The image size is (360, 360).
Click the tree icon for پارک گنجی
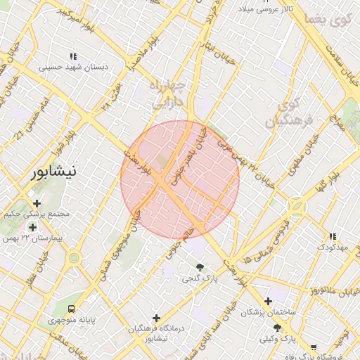click(x=200, y=267)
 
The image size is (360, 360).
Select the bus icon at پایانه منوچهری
click(x=70, y=309)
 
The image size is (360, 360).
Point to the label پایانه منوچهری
click(x=70, y=321)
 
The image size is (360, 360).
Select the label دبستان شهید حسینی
click(x=72, y=67)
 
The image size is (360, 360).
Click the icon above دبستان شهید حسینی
click(x=72, y=56)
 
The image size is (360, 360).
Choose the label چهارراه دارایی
click(x=169, y=96)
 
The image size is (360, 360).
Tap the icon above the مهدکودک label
click(x=332, y=236)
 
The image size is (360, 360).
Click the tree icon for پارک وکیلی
click(x=277, y=328)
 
